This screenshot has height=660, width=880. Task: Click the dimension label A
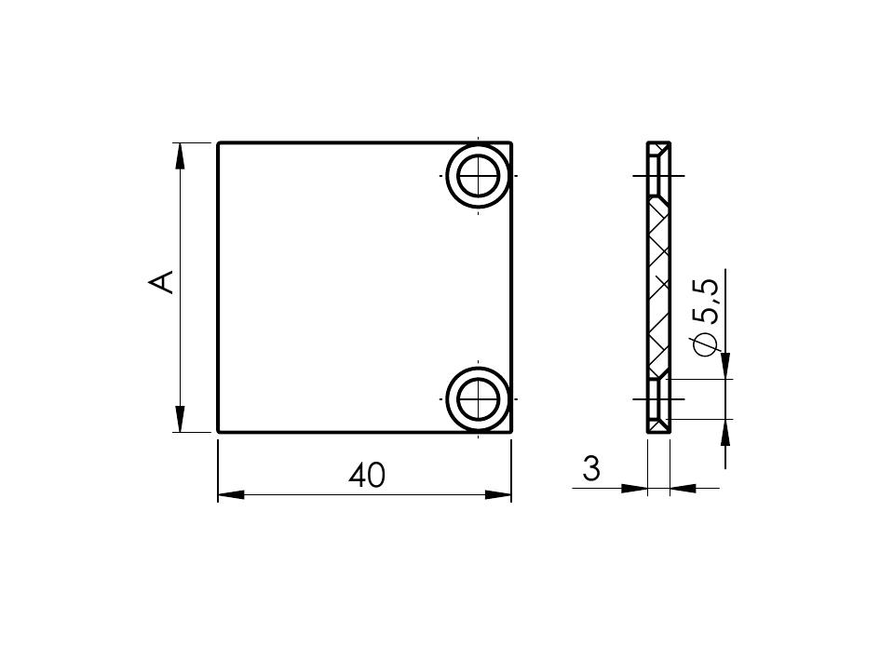[x=161, y=282]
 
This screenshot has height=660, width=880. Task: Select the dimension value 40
[x=367, y=476]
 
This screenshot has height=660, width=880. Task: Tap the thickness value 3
[x=591, y=469]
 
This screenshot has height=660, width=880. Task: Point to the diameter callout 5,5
[x=706, y=302]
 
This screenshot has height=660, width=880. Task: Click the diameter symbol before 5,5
[x=706, y=344]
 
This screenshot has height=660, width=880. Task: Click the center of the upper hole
[x=478, y=176]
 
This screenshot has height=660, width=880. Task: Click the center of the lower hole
[x=478, y=399]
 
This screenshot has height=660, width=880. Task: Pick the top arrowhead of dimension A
[x=180, y=156]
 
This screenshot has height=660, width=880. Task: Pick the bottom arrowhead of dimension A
[x=180, y=419]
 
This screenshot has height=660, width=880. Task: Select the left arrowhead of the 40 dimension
[x=231, y=494]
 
